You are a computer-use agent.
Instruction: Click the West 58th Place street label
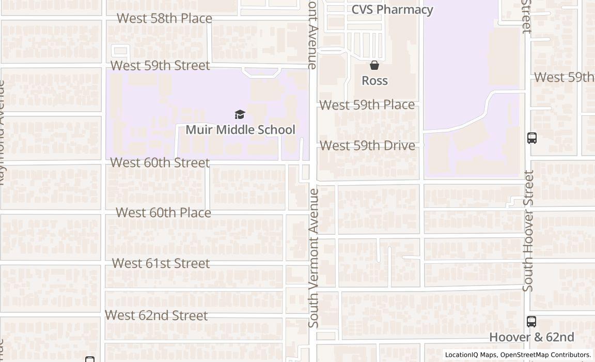(x=164, y=18)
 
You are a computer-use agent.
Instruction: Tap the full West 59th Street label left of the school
(x=160, y=66)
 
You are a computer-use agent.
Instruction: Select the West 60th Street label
(x=160, y=162)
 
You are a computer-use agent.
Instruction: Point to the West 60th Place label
(x=163, y=213)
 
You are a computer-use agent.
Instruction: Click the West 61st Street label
(x=161, y=263)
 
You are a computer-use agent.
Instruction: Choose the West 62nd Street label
(x=156, y=315)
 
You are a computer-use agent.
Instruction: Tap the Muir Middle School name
(x=240, y=130)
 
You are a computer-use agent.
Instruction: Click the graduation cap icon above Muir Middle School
(x=240, y=114)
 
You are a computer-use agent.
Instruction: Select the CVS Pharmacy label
(x=392, y=10)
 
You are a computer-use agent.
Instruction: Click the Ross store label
(x=374, y=81)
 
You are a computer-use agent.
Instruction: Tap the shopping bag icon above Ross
(x=374, y=65)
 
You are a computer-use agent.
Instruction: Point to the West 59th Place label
(x=367, y=105)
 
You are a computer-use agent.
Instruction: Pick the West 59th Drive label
(x=367, y=146)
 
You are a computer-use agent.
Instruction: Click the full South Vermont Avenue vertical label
(x=314, y=258)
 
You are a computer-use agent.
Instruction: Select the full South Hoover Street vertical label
(x=527, y=231)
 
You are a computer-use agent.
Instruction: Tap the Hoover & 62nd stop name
(x=531, y=337)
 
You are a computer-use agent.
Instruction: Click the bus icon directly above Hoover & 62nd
(x=531, y=321)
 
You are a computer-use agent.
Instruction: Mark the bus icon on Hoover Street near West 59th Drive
(x=532, y=138)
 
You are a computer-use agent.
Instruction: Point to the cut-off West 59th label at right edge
(x=564, y=78)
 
